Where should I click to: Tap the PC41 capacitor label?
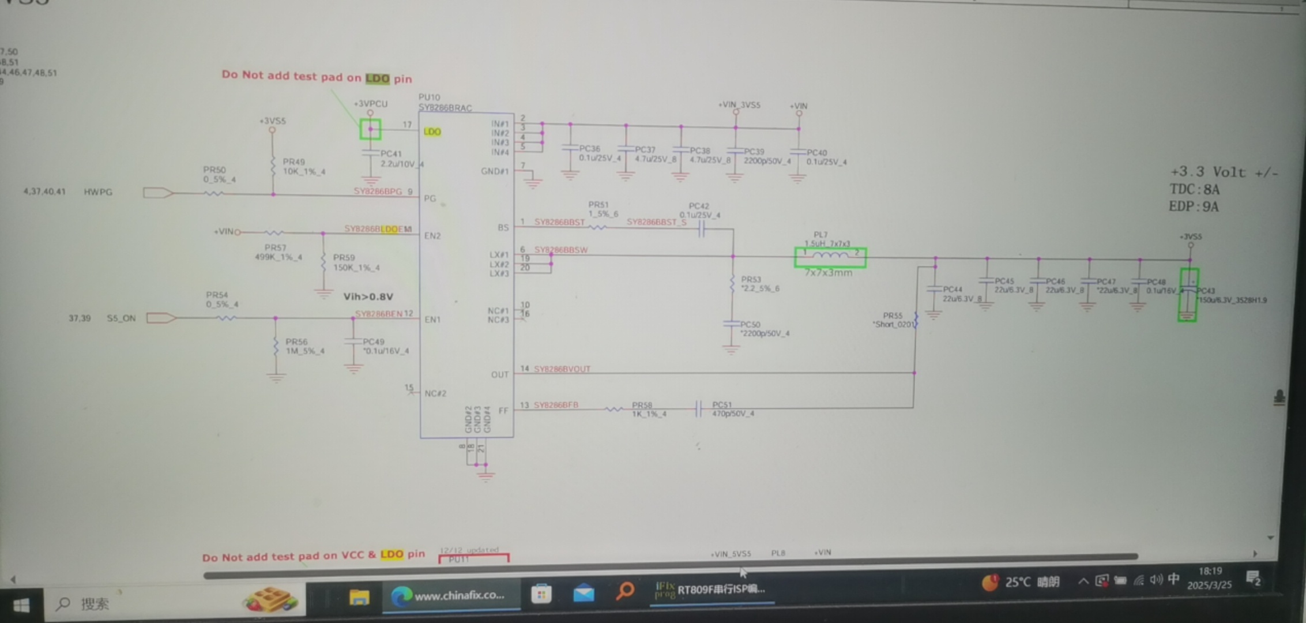click(x=390, y=154)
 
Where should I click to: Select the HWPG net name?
click(x=98, y=192)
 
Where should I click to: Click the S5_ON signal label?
click(x=121, y=318)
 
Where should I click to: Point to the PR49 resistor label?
click(x=293, y=162)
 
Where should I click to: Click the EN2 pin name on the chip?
click(x=432, y=236)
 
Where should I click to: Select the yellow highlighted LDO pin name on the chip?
click(x=432, y=132)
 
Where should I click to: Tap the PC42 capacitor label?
click(x=698, y=206)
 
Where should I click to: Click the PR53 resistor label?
click(x=751, y=280)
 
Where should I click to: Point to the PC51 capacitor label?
click(x=721, y=405)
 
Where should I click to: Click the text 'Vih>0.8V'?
click(x=368, y=297)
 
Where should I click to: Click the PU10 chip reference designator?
click(x=429, y=97)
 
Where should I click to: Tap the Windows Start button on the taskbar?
click(x=21, y=605)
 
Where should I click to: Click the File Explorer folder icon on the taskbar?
click(x=359, y=596)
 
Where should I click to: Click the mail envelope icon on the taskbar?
click(x=584, y=593)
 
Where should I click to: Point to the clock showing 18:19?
click(x=1210, y=572)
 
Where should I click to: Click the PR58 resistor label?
click(x=641, y=405)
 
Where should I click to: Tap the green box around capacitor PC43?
click(x=1188, y=295)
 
